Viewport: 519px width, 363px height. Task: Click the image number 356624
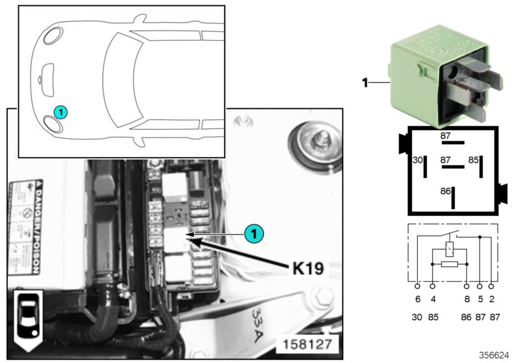pos(494,355)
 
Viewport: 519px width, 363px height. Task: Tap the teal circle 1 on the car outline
pos(60,112)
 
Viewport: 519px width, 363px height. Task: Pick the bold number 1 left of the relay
pos(365,82)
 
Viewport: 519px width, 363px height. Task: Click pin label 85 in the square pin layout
pos(474,158)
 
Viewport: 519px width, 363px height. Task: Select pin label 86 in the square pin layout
pos(445,192)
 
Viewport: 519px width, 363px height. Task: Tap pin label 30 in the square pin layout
pos(418,158)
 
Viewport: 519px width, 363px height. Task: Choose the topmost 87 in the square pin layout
pos(445,136)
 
